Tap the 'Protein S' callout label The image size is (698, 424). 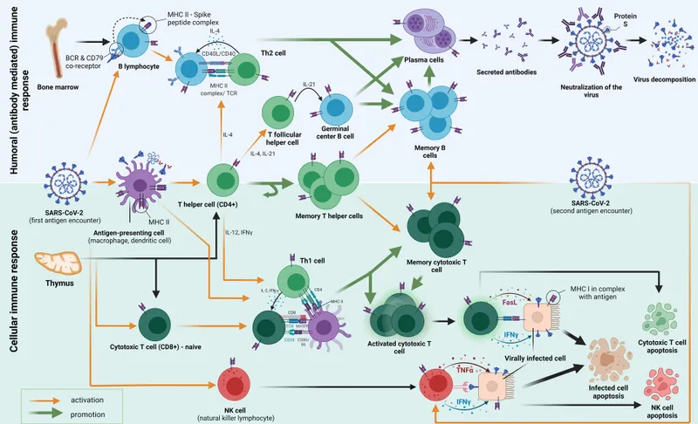pos(625,16)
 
